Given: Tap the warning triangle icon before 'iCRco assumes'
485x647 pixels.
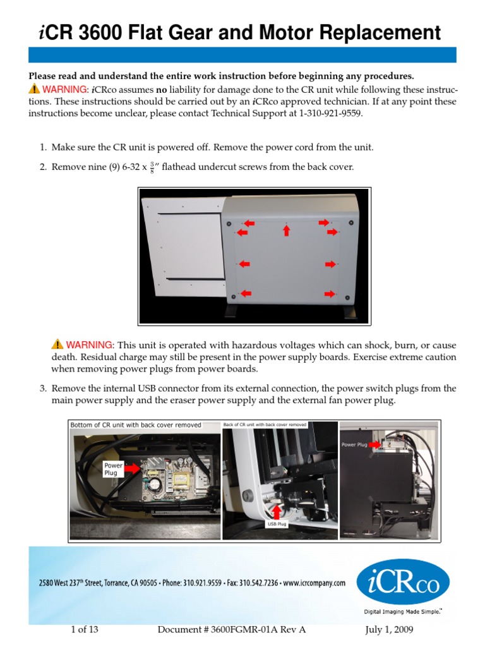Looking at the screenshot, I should (x=33, y=89).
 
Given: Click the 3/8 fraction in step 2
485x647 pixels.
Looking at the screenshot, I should (x=152, y=167).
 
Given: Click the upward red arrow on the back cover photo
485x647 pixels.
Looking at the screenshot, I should (x=287, y=230).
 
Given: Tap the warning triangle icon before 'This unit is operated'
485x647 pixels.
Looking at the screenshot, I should (x=57, y=344).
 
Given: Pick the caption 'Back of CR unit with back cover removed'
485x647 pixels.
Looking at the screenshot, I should (x=265, y=425).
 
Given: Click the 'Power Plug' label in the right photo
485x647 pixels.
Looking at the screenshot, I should (x=354, y=445).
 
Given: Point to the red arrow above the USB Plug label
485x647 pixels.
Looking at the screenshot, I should (x=276, y=509).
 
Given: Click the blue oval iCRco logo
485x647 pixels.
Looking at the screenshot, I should (x=403, y=582).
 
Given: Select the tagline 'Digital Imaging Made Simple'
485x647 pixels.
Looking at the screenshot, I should (x=402, y=612).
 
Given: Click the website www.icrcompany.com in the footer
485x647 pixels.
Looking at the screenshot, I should (x=314, y=583).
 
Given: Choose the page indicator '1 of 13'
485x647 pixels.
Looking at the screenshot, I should (x=85, y=630).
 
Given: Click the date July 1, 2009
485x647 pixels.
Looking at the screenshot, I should (x=390, y=630).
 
